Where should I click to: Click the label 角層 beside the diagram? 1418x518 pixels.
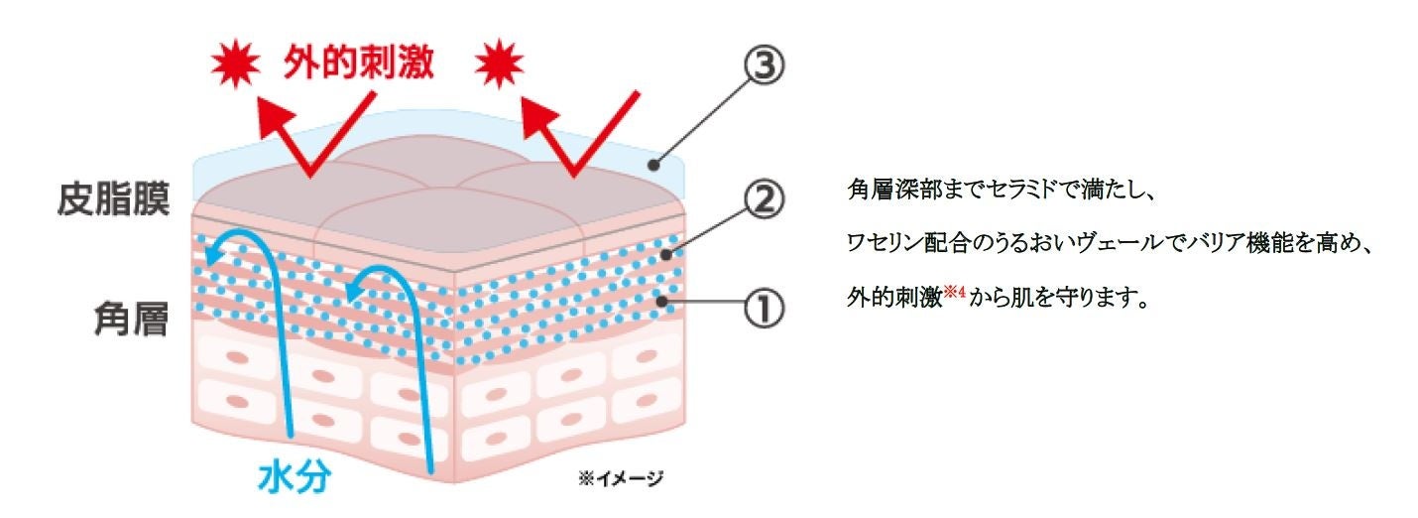point(140,320)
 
